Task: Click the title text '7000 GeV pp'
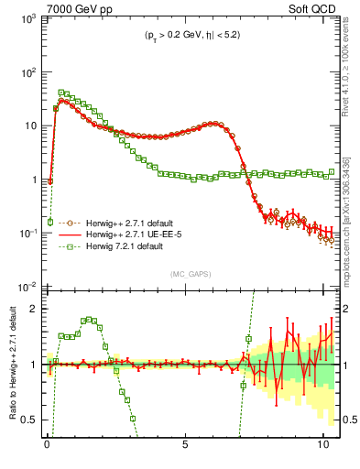pos(74,8)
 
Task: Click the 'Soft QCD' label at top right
pos(313,8)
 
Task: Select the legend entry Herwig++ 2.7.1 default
pos(121,223)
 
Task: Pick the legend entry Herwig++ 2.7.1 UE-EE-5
pos(123,234)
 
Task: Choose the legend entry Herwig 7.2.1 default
pos(115,246)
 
